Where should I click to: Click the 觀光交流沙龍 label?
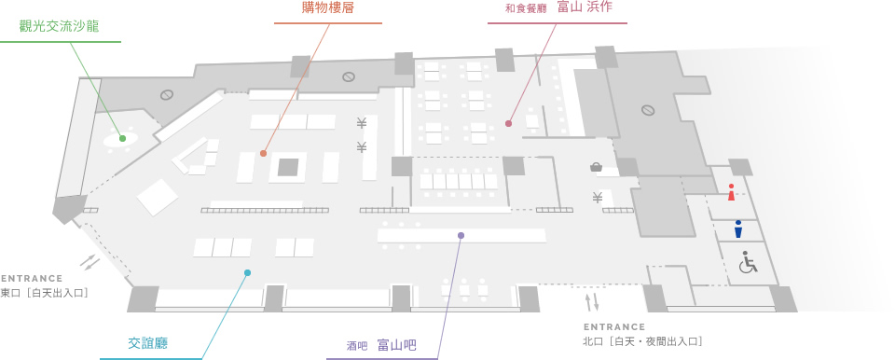tap(61, 26)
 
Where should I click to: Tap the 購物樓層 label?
tap(328, 8)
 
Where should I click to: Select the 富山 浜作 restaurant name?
tap(591, 8)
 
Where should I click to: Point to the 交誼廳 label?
tap(147, 343)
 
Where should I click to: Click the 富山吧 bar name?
tap(396, 345)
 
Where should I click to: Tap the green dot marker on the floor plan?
tap(122, 138)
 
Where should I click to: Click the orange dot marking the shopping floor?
tap(264, 153)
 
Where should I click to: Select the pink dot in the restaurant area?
tap(508, 123)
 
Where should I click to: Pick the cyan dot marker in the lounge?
tap(247, 272)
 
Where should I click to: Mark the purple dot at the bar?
tap(461, 235)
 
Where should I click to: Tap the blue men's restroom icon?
tap(738, 228)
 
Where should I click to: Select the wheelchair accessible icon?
tap(748, 262)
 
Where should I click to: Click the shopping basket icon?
tap(596, 167)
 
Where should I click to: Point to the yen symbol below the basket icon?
tap(597, 198)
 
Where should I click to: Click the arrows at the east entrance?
tap(90, 262)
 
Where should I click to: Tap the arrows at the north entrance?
tap(591, 302)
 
